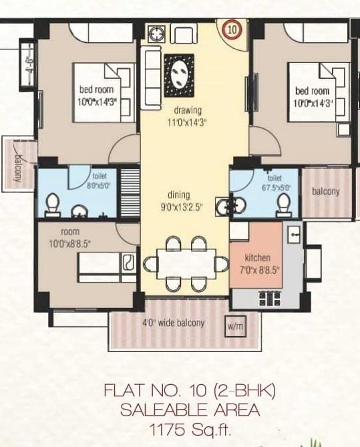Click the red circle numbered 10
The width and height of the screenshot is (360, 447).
click(x=231, y=29)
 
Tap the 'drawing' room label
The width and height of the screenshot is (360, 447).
click(x=188, y=110)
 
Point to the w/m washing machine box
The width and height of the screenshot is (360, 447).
click(x=235, y=326)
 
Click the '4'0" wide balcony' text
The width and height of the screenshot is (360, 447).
click(x=174, y=323)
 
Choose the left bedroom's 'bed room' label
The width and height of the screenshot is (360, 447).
click(x=97, y=90)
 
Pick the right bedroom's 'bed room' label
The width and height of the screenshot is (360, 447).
click(x=313, y=90)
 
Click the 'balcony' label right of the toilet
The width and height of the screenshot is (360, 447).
click(x=326, y=191)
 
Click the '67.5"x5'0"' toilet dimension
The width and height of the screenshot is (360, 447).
click(x=275, y=188)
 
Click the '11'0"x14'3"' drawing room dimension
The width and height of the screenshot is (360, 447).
click(x=188, y=122)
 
